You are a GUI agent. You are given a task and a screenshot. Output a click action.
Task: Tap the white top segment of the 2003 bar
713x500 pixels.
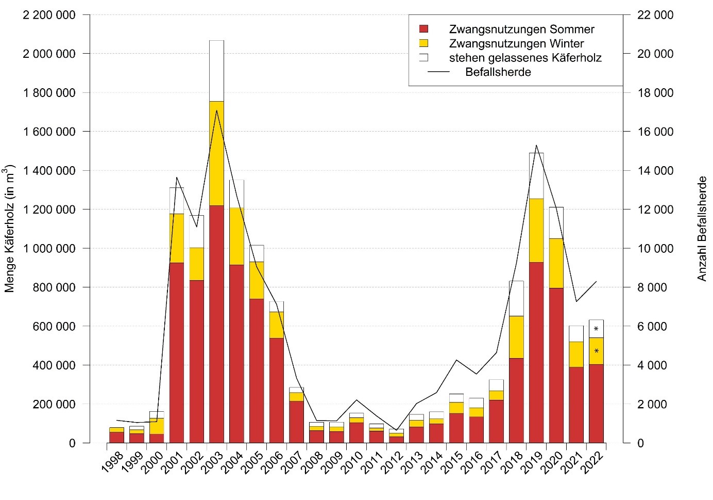(216, 71)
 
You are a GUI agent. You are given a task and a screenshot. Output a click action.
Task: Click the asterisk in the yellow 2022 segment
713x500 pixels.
(596, 351)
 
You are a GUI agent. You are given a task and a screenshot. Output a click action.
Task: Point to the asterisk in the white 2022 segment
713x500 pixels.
(596, 329)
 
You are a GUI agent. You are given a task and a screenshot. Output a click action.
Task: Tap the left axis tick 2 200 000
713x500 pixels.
(49, 15)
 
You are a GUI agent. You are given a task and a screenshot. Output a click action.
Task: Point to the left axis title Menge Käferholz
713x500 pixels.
(9, 229)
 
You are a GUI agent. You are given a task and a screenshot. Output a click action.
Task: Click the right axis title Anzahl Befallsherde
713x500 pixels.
(702, 229)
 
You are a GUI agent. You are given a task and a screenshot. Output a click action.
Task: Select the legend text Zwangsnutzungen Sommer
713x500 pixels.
(521, 29)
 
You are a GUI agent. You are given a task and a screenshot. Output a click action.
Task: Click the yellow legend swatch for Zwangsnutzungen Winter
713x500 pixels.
(423, 43)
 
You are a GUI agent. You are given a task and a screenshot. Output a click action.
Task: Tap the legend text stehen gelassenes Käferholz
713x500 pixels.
(525, 58)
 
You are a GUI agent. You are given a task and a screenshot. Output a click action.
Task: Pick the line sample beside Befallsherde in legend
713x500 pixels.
(439, 72)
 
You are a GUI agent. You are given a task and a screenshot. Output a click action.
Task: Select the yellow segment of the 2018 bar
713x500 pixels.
(516, 337)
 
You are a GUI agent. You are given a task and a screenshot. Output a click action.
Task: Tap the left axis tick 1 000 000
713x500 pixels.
(49, 248)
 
